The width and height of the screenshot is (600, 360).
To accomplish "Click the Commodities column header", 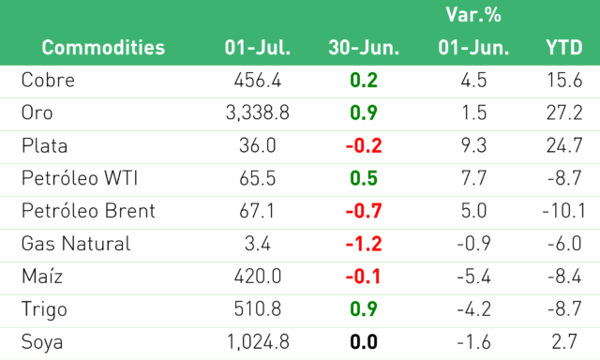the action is (x=103, y=48).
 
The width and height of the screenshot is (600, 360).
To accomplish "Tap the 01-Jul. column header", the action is (x=258, y=48).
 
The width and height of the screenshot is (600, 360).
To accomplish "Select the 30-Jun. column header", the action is (x=364, y=48).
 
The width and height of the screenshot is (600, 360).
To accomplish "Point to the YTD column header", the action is (x=564, y=48).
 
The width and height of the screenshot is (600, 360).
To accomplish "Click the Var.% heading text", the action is (x=473, y=15).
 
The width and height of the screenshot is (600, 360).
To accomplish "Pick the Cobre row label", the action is (x=48, y=80).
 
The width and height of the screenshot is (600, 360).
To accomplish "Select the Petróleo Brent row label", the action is (x=88, y=211).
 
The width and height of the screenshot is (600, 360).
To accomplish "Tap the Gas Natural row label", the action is (x=76, y=244).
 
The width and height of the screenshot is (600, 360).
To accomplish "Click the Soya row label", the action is (x=42, y=342).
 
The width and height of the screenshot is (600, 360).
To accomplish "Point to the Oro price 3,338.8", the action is (x=258, y=112).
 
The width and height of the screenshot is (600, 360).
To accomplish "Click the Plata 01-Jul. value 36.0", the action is (x=258, y=145).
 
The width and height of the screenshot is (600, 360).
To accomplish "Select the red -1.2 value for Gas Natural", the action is (x=364, y=244).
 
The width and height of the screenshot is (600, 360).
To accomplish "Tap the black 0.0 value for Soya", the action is (x=364, y=342).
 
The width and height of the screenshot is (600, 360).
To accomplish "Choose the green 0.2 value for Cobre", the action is (x=364, y=80).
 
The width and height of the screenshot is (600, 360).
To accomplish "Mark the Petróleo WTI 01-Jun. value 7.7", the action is (x=473, y=178).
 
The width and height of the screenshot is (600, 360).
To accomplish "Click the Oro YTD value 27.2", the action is (x=564, y=112).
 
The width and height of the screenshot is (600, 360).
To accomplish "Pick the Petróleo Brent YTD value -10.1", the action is (x=564, y=211).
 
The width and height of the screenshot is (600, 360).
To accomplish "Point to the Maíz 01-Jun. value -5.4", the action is (x=473, y=277).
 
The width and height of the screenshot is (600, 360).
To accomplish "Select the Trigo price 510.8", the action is (x=258, y=309).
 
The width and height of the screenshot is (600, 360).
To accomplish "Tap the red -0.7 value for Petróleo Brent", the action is (x=364, y=211).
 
